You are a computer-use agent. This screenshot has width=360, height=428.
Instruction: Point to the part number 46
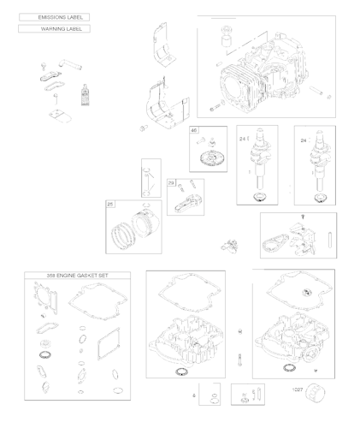[x=195, y=131]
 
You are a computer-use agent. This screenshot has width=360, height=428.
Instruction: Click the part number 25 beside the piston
[x=111, y=205]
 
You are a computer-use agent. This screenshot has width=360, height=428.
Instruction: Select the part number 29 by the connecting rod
[x=172, y=183]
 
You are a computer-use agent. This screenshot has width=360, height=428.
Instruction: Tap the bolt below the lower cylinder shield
[x=143, y=128]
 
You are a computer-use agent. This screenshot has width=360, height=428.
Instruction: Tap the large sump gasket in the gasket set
[x=100, y=304]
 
